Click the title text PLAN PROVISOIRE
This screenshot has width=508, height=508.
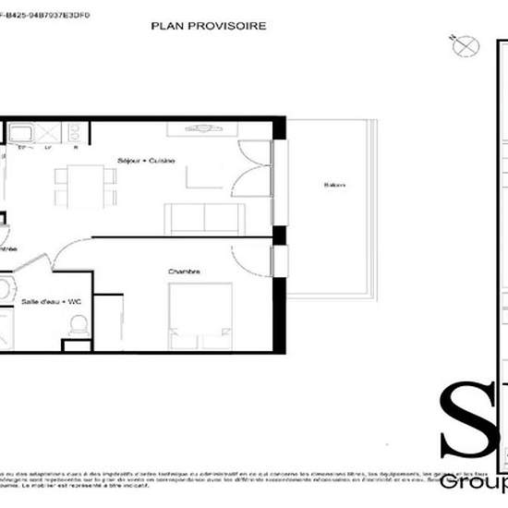point(208,27)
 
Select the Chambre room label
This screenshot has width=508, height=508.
point(185,272)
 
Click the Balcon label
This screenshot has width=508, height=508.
point(333,186)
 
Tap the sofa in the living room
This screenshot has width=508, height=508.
point(205,218)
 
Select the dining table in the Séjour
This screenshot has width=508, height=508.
point(85,185)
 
